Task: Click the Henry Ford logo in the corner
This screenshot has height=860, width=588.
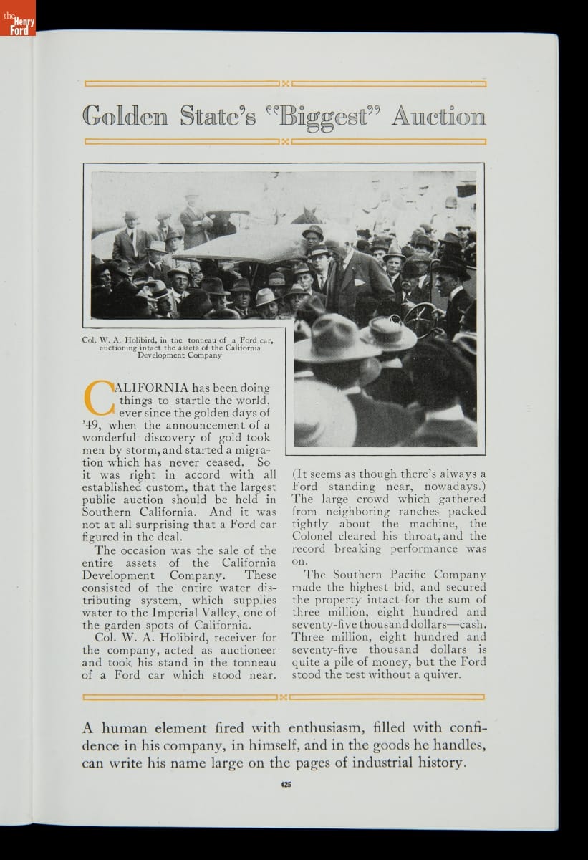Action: pyautogui.click(x=18, y=19)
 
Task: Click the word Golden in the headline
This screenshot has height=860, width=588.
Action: pyautogui.click(x=125, y=116)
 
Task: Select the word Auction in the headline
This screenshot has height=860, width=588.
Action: pyautogui.click(x=438, y=116)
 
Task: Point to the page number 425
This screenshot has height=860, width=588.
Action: pyautogui.click(x=286, y=784)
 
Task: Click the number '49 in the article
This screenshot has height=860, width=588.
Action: pyautogui.click(x=93, y=425)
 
